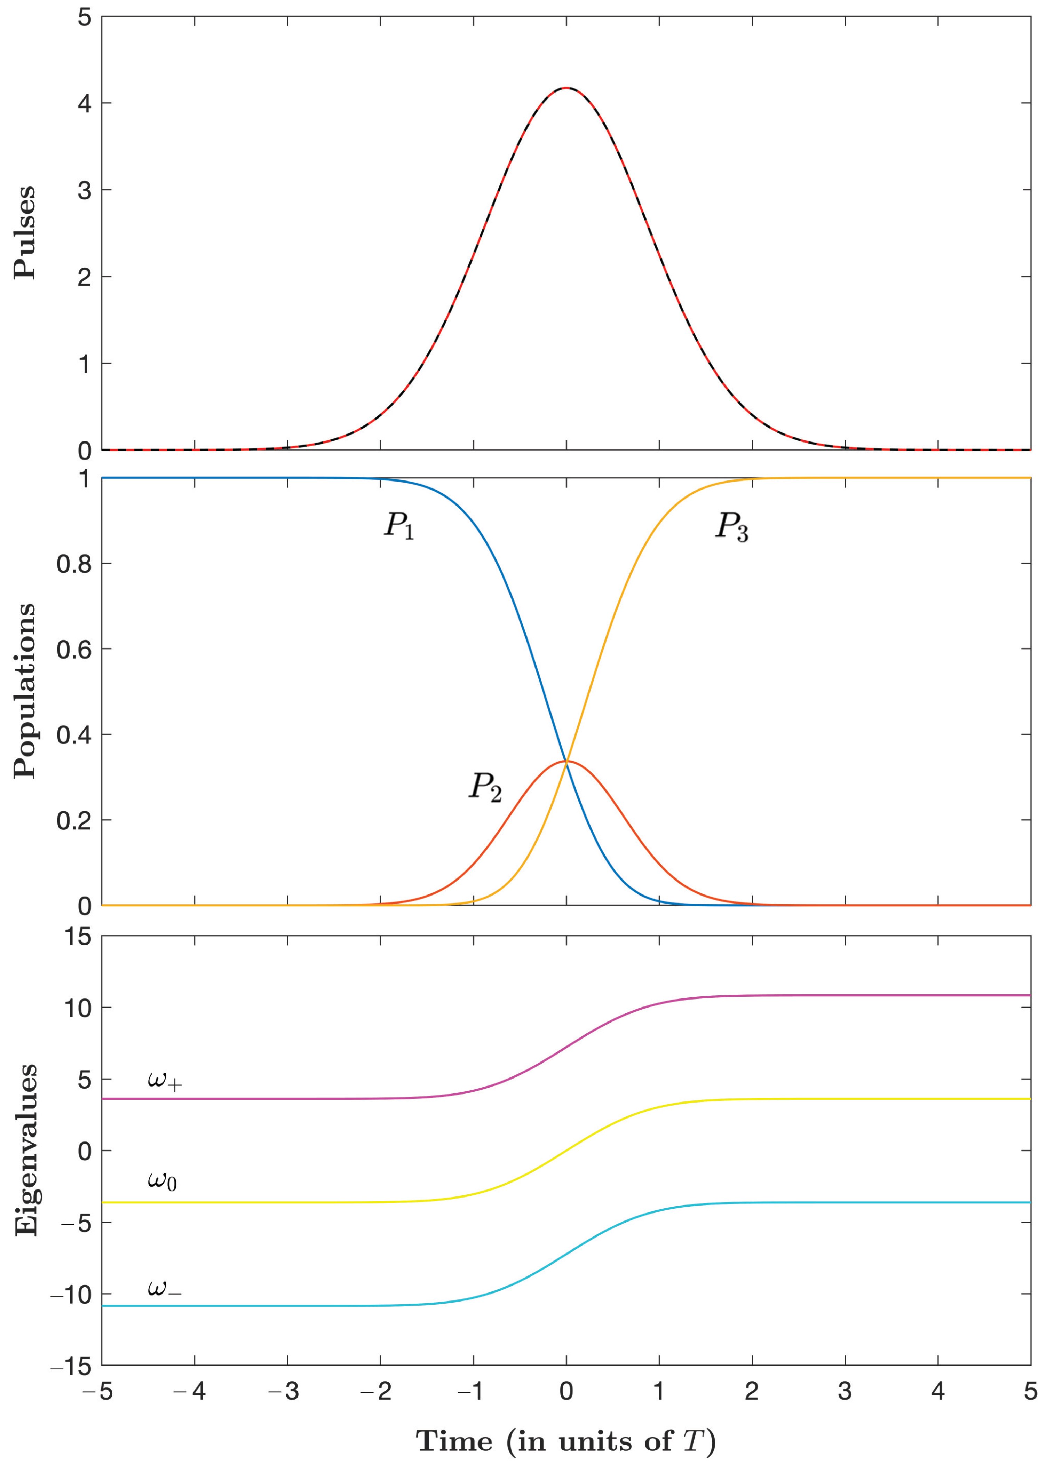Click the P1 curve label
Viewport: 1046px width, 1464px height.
point(399,526)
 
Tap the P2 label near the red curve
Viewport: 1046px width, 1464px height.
point(485,787)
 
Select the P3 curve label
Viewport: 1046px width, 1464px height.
point(732,527)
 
